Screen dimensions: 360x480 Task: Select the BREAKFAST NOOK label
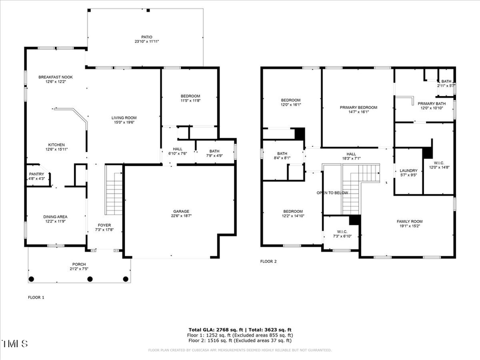55,77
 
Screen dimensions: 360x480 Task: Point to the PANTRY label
36,174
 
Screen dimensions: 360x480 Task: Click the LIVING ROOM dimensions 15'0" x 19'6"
124,123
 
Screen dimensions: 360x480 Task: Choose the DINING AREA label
56,217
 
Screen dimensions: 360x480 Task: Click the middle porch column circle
90,278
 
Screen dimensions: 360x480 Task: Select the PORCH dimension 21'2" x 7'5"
79,269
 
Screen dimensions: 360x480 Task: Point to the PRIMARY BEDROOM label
358,107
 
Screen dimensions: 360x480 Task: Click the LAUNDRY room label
409,171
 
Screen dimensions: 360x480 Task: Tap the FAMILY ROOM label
409,221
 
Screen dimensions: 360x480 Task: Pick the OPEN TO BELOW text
332,193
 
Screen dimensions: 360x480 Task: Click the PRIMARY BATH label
431,103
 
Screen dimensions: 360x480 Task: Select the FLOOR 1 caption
36,297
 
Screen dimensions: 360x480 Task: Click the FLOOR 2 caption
268,261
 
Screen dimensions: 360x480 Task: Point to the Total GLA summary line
239,330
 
